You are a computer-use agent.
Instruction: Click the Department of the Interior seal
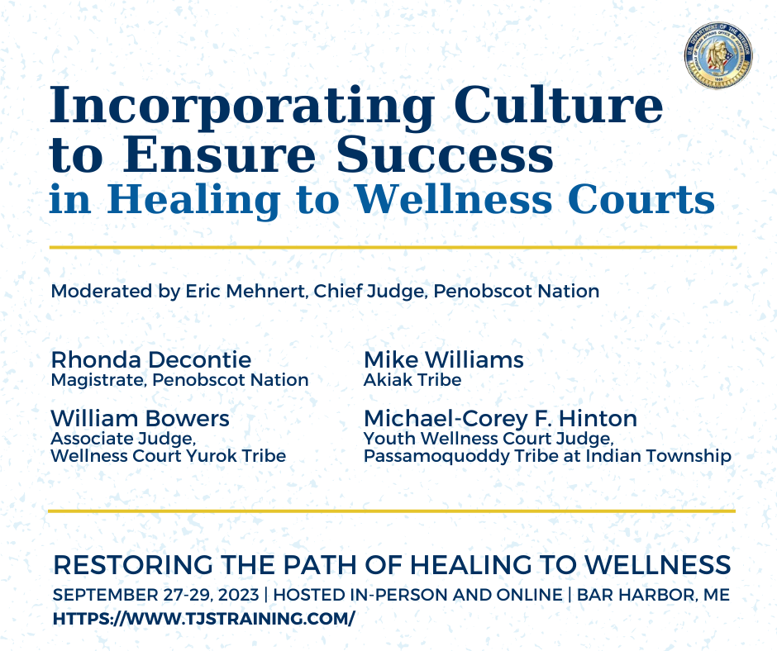click(x=718, y=55)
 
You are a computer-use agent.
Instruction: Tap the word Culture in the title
click(x=559, y=105)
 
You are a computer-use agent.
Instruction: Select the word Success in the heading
click(x=445, y=154)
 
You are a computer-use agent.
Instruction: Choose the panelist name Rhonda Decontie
click(x=151, y=359)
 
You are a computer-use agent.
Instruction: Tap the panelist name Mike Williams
click(x=444, y=359)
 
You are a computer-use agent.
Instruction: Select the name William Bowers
click(x=141, y=419)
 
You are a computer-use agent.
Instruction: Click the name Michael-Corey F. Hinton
click(x=500, y=419)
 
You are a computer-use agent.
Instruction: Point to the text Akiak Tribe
click(x=412, y=380)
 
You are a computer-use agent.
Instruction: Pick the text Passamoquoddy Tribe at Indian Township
click(x=547, y=456)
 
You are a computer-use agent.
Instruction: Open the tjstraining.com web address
click(x=204, y=619)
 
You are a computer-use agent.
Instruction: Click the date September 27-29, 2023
click(x=156, y=595)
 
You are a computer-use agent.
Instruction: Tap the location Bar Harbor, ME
click(x=653, y=595)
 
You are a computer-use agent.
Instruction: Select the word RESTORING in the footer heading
click(x=134, y=565)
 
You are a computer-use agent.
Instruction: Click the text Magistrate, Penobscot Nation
click(x=180, y=380)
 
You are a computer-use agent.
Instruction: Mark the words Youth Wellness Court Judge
click(x=489, y=439)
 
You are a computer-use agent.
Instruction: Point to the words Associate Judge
click(x=124, y=439)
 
